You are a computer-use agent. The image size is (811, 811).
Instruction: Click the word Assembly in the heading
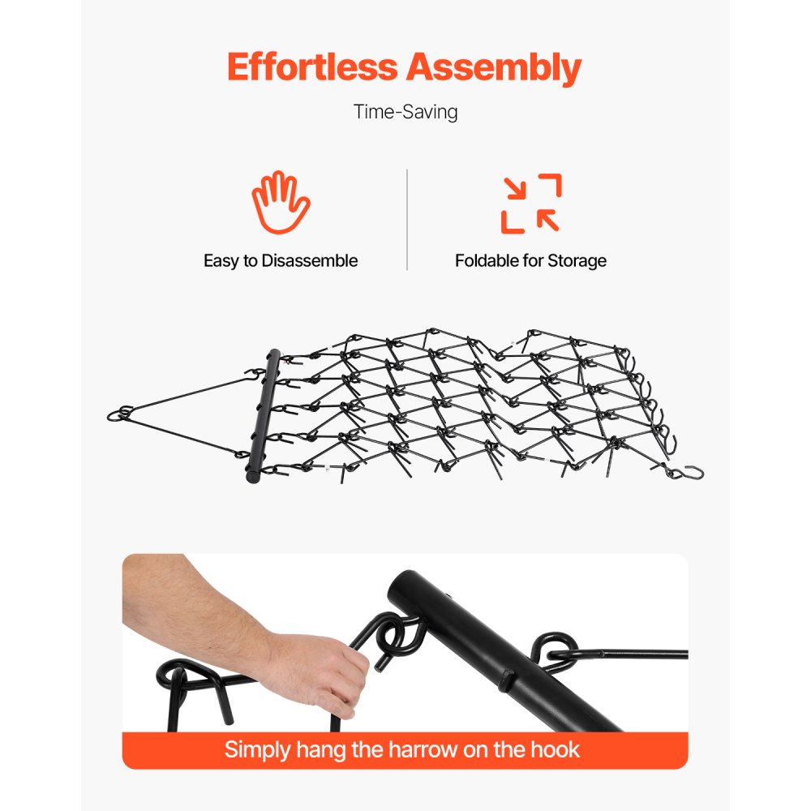coord(494,69)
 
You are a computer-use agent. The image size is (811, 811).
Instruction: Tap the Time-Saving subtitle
coord(405,112)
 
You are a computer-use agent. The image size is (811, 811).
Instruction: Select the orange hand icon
coord(280,203)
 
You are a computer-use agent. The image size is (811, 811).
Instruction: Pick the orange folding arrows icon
coord(530,203)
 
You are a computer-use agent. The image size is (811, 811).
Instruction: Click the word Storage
coord(577,261)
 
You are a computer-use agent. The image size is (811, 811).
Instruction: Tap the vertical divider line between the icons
coord(406,219)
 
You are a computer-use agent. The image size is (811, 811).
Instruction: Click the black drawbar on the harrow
coord(261,415)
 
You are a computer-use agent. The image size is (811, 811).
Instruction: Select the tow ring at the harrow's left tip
coord(119,414)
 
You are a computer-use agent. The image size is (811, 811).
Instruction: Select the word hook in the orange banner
coord(555,749)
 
